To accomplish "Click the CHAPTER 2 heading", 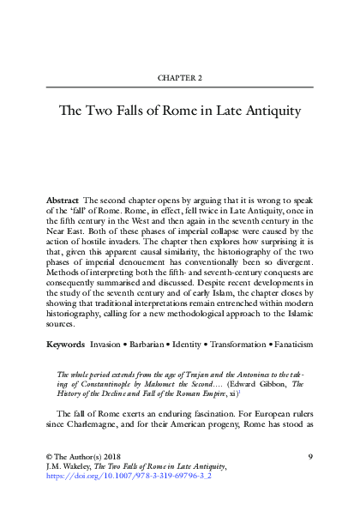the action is coord(180,78).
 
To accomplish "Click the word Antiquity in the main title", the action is coord(273,111).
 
